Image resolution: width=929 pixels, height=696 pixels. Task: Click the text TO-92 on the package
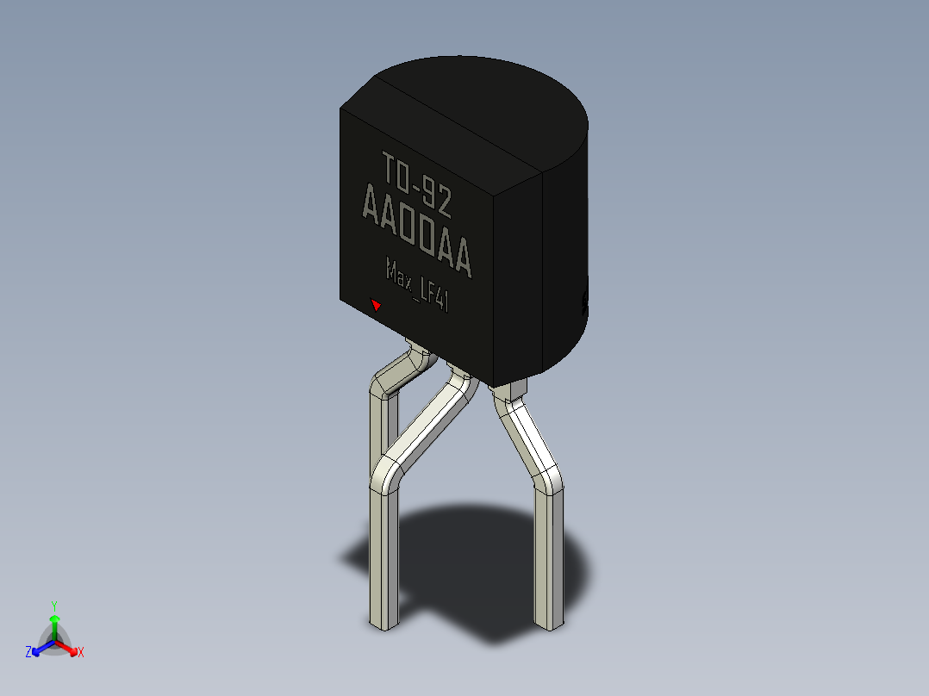tap(416, 183)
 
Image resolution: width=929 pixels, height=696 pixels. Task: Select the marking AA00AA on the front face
tap(416, 230)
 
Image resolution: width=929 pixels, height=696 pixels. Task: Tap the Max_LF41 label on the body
tap(417, 284)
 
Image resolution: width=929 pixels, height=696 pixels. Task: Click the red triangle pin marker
tap(376, 304)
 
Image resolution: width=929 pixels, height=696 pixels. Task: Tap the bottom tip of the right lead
tap(549, 627)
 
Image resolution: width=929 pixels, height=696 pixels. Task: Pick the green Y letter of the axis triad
tap(54, 606)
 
